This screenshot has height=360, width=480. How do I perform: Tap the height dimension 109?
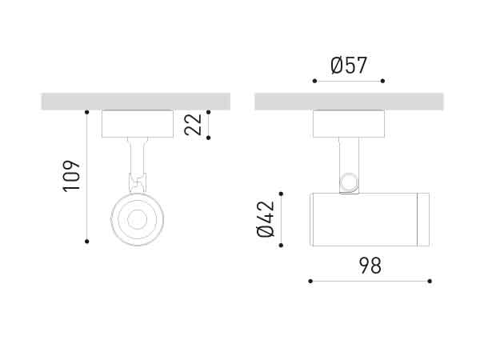[72, 176]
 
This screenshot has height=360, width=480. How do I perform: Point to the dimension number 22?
[194, 125]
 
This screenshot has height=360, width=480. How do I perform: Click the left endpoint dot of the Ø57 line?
[314, 81]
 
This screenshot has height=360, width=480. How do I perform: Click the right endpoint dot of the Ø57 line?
[383, 81]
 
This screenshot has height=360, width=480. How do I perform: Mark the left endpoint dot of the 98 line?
[310, 281]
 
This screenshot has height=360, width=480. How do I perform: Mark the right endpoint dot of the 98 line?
[430, 281]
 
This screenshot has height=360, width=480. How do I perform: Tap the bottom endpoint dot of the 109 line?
[86, 241]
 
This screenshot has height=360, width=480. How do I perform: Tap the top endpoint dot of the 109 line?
[86, 111]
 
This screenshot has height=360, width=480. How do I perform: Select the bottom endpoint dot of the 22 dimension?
[208, 138]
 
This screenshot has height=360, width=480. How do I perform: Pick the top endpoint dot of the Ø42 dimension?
[280, 193]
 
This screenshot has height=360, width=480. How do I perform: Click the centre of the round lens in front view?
[137, 218]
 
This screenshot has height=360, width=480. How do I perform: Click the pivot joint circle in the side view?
[348, 182]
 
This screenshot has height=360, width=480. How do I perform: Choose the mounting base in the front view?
[137, 124]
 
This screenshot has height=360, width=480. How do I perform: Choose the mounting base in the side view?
[349, 124]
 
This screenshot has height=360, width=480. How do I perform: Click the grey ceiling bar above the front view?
[136, 102]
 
